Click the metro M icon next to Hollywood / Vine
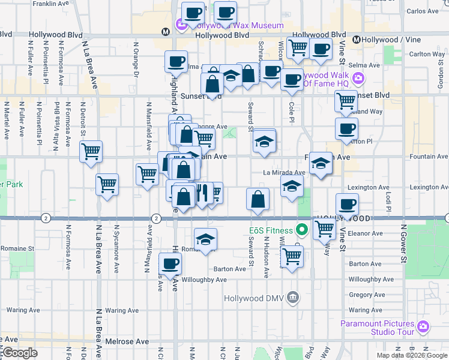coord(356,40)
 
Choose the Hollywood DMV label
coord(255,298)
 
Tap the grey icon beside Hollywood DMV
coord(293,297)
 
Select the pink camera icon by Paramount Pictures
coord(423,326)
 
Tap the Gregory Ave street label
coord(370,295)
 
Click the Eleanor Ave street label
coord(365,233)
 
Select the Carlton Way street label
coord(427,54)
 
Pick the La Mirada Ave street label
coord(285,172)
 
